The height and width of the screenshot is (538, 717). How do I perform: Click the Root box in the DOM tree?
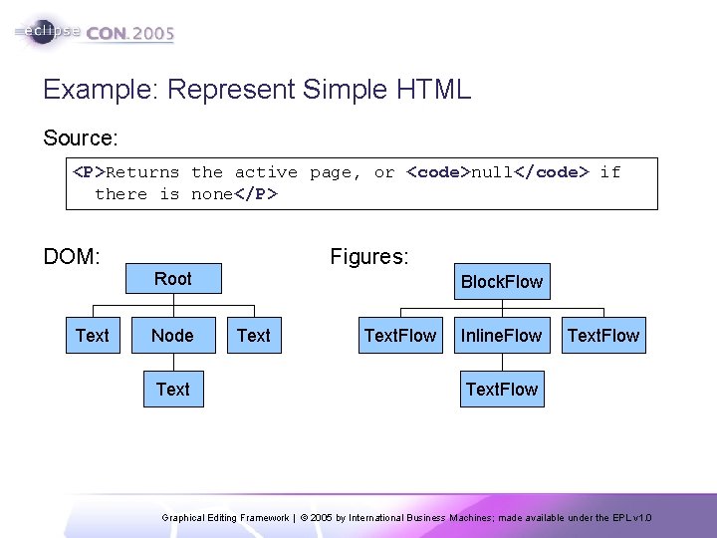[x=173, y=279]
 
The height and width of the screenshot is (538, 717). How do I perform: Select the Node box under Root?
[x=173, y=336]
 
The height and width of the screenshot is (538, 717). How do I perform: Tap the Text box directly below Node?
[x=173, y=390]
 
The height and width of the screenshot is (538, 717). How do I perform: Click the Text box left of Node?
[x=93, y=336]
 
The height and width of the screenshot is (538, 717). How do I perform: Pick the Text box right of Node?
[x=254, y=336]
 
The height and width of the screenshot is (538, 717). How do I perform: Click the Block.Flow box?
[x=501, y=282]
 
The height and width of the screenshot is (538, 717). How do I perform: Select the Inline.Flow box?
[x=501, y=336]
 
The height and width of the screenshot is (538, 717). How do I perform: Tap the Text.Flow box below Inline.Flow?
[x=501, y=390]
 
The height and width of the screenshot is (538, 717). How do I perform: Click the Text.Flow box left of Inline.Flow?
[x=399, y=336]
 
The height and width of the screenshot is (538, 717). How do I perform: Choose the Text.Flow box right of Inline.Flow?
[x=602, y=336]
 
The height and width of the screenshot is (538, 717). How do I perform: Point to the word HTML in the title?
[x=433, y=90]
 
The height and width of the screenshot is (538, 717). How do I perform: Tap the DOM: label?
[x=72, y=257]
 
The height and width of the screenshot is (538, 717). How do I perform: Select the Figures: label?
[x=368, y=257]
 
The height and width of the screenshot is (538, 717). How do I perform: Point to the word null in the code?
[x=492, y=172]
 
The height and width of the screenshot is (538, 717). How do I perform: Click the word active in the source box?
[x=266, y=172]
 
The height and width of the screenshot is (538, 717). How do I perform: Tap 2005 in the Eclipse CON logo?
[x=153, y=33]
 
